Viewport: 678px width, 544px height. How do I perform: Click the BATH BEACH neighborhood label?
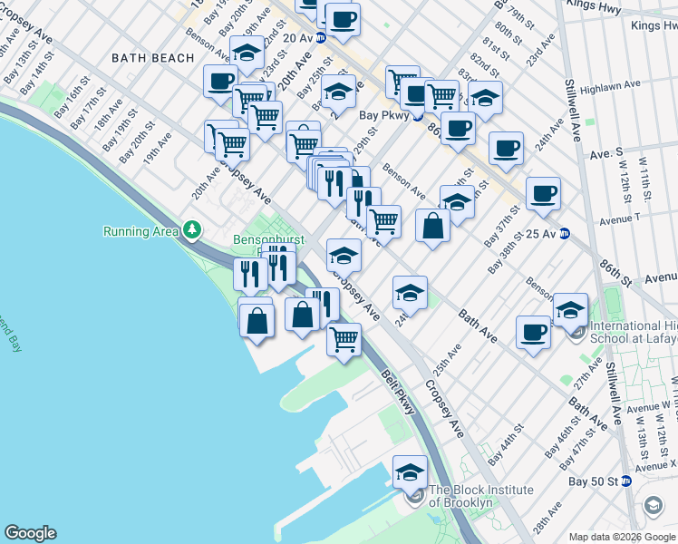pyautogui.click(x=152, y=58)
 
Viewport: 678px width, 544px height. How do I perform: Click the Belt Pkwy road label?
pyautogui.click(x=399, y=392)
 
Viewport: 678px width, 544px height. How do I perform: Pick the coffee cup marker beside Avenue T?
pyautogui.click(x=543, y=193)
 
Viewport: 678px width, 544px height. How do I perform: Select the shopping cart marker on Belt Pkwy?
pyautogui.click(x=344, y=339)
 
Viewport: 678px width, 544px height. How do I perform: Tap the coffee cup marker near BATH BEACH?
pyautogui.click(x=220, y=83)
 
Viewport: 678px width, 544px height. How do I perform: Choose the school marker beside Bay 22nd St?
pyautogui.click(x=247, y=53)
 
